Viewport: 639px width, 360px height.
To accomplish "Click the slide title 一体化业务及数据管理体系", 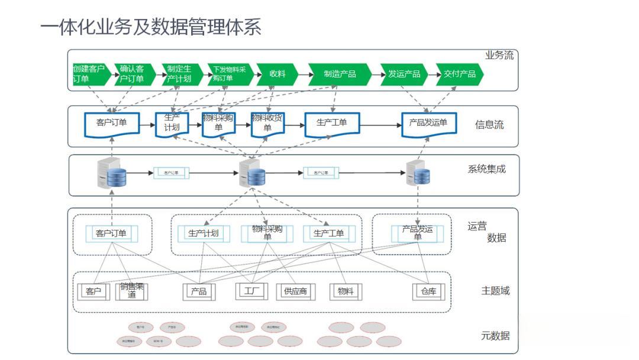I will (151, 27).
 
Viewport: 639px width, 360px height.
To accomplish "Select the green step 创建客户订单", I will (90, 74).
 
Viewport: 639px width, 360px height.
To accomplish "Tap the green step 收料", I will (277, 74).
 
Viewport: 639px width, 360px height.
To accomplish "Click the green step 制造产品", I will (340, 74).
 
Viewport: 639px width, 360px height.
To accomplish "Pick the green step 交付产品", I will (460, 74).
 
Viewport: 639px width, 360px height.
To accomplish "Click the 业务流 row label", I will (499, 56).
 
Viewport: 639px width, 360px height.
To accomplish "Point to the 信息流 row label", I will (489, 125).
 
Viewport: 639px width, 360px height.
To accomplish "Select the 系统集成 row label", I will (486, 169).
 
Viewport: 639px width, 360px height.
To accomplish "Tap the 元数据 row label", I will (495, 336).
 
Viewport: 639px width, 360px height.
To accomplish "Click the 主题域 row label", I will (495, 291).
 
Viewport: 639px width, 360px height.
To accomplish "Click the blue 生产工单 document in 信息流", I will (332, 123).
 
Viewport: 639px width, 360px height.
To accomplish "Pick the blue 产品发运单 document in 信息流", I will (428, 123).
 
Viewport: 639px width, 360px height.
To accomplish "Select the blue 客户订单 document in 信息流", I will (112, 123).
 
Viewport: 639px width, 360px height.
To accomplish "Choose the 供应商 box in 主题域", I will (296, 291).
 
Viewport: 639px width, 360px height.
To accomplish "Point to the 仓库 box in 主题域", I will (427, 291).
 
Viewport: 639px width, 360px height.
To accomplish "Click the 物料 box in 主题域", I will (346, 291).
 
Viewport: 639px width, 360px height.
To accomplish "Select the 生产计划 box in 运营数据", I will (204, 233).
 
